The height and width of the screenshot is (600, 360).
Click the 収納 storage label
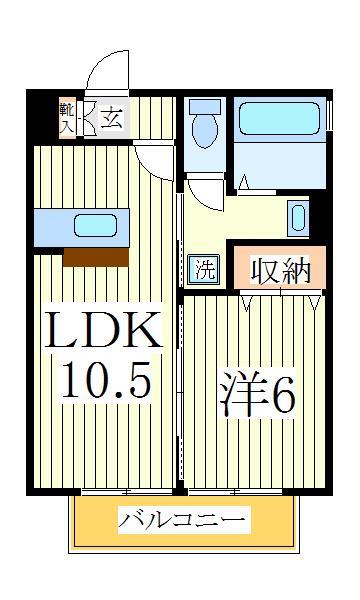coord(280,271)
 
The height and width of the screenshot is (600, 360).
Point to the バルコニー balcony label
coord(183,521)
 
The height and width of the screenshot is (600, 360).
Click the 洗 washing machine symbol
coord(204,269)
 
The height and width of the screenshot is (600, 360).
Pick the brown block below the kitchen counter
coord(96,257)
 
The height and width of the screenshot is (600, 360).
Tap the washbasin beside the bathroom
coord(298,215)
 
